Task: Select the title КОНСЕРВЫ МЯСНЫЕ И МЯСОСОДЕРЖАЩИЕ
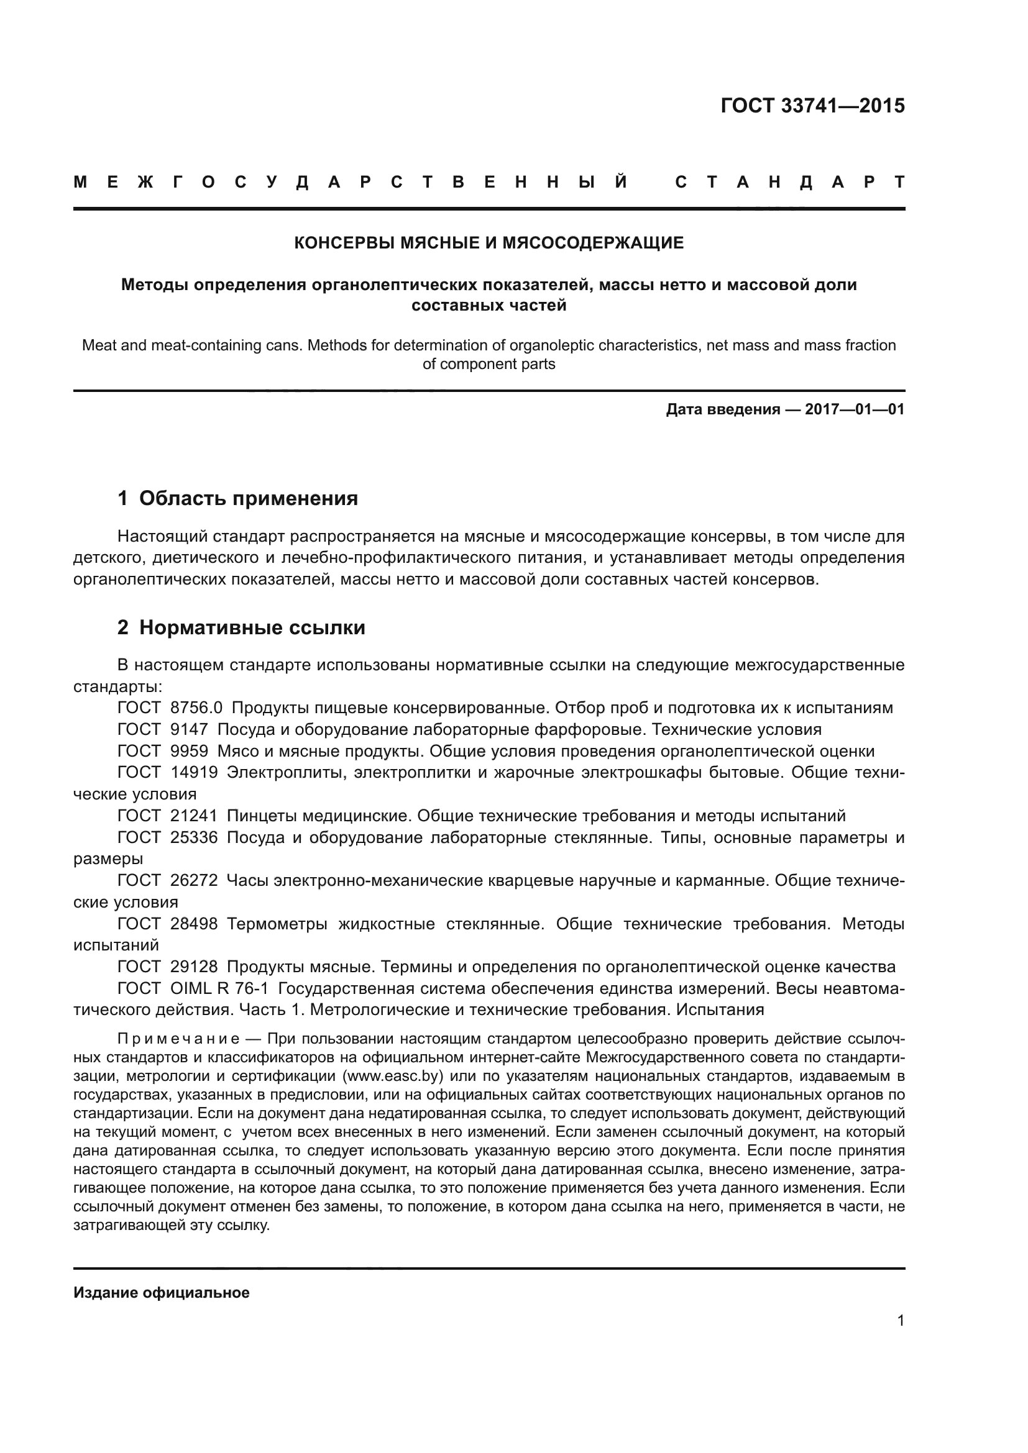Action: (x=489, y=243)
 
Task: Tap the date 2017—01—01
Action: (x=854, y=409)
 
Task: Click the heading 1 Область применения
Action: (x=237, y=499)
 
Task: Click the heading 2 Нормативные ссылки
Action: (x=241, y=628)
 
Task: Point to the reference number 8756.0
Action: (x=196, y=708)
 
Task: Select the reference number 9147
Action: (x=189, y=729)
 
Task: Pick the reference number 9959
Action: (x=189, y=751)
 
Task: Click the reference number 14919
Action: (x=194, y=773)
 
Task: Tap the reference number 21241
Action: (x=194, y=816)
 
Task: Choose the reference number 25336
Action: (x=194, y=837)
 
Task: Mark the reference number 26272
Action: (x=194, y=880)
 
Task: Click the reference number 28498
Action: (x=194, y=924)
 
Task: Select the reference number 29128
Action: (x=194, y=967)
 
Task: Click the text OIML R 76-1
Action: (x=219, y=988)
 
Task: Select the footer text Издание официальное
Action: (x=162, y=1292)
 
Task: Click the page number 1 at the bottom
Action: (x=900, y=1320)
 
